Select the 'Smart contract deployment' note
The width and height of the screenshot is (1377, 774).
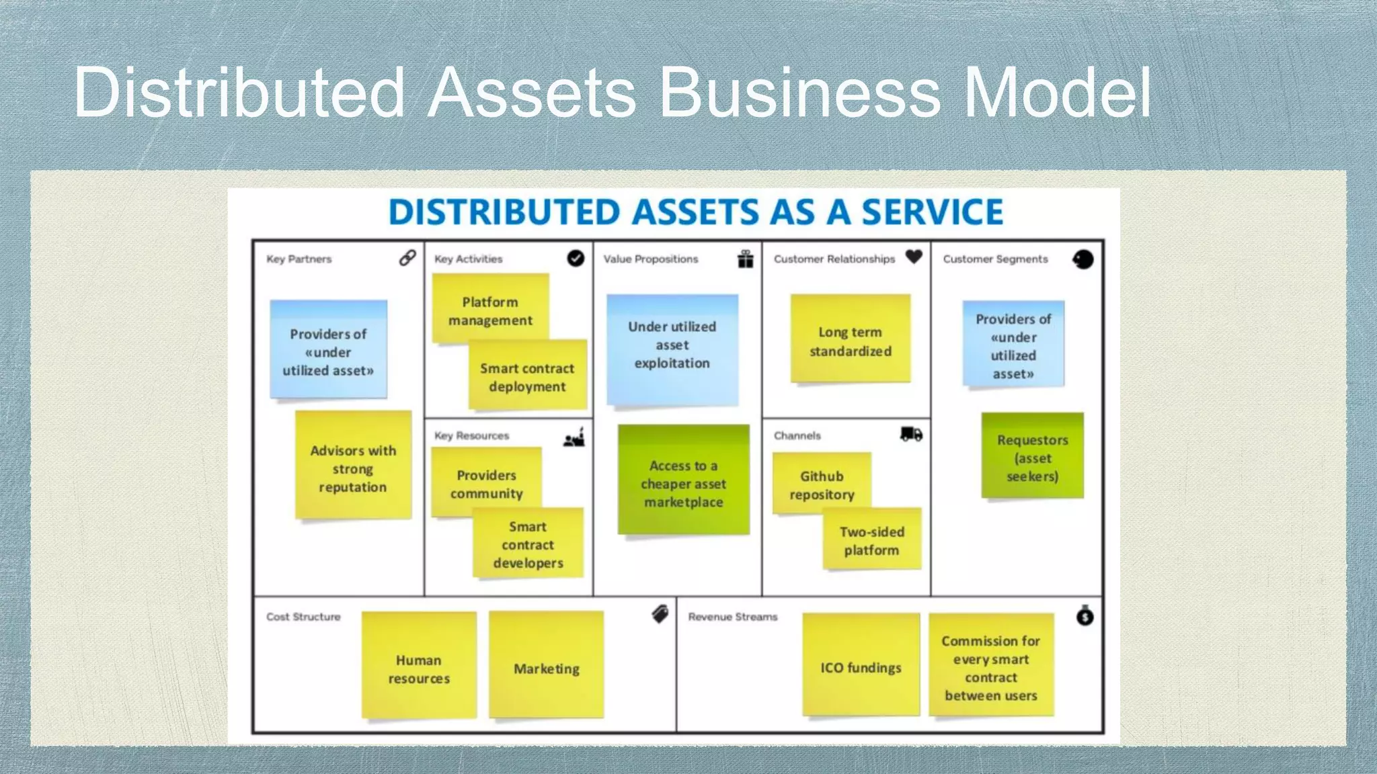tap(528, 377)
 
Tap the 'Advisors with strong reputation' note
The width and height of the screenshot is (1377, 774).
tap(353, 468)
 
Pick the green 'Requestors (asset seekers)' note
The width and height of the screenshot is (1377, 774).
tap(1032, 458)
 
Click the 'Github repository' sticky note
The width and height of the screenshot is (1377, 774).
tap(821, 484)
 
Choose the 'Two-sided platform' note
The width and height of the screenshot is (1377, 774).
tap(871, 540)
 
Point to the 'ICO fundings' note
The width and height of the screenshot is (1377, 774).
tap(861, 666)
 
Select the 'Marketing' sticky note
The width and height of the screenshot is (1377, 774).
tap(546, 668)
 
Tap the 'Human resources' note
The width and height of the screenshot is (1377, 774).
tap(418, 668)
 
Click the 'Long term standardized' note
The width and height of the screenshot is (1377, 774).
tap(850, 341)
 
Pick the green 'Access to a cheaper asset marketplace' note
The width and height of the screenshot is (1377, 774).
tap(683, 482)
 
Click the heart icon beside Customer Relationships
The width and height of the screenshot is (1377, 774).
tap(914, 257)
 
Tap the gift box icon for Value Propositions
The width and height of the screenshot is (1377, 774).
tap(745, 259)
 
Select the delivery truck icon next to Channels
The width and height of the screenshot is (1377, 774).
tap(911, 434)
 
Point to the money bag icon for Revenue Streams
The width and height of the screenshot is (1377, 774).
tap(1085, 615)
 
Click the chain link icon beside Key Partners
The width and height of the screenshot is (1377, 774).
tap(407, 258)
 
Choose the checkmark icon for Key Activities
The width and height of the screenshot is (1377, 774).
tap(576, 258)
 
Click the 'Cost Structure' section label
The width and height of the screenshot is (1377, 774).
tap(303, 617)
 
